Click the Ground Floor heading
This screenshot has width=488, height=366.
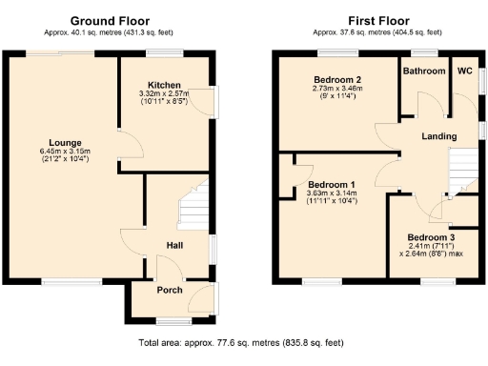point(109,20)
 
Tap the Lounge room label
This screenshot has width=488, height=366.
point(65,142)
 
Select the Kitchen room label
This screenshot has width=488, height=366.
point(165,85)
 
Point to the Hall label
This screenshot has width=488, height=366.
point(174,245)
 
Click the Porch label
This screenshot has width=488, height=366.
point(170,291)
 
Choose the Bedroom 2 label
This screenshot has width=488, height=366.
point(337,79)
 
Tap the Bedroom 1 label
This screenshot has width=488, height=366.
point(331,183)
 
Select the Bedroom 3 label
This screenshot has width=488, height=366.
point(431,236)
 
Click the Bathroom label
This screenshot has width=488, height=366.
point(423,71)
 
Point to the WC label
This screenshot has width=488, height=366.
point(464,71)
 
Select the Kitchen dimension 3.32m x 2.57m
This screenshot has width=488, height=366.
point(165,93)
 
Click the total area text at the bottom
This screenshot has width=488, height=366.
point(241,341)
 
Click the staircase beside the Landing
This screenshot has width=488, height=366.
point(461,173)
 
